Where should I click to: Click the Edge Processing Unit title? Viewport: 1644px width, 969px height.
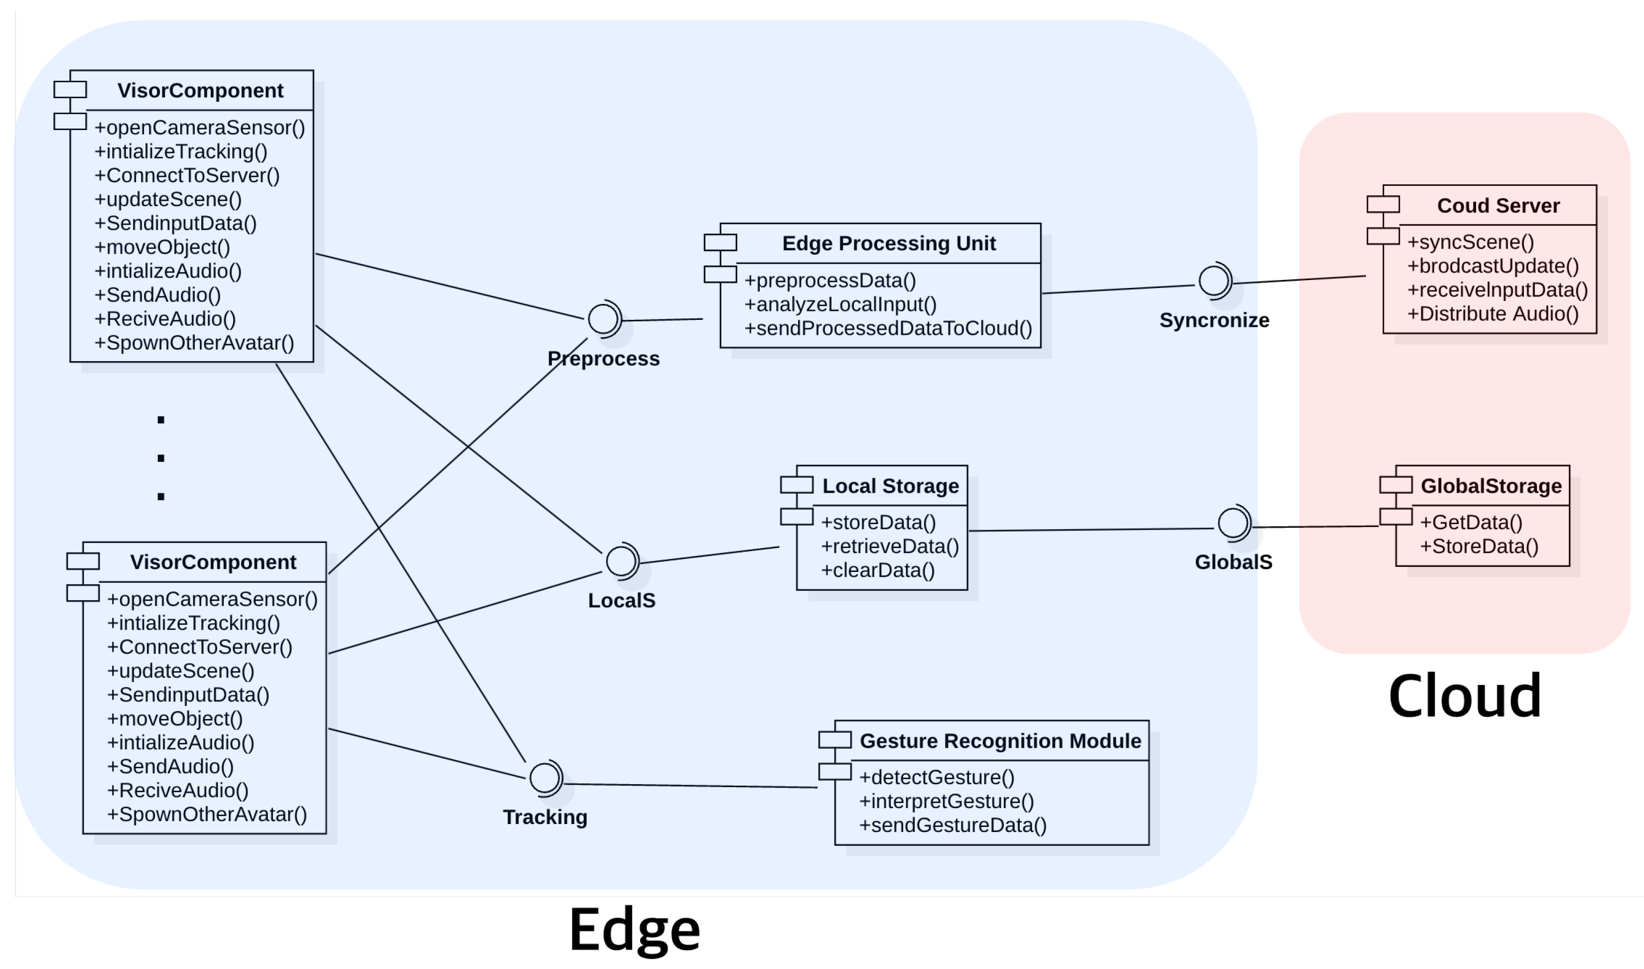click(889, 244)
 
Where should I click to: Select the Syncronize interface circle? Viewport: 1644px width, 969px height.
click(1213, 281)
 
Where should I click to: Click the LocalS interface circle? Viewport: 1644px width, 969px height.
click(620, 561)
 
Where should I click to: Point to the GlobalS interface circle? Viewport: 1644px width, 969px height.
click(1232, 523)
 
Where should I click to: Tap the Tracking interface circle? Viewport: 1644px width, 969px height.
click(544, 778)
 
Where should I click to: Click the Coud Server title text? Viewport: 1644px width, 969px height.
click(1498, 206)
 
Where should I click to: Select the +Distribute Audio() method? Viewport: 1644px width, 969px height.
click(1493, 314)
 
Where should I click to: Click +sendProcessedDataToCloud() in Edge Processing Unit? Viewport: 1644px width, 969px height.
click(888, 328)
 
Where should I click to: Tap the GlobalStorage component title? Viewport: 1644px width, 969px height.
click(1491, 486)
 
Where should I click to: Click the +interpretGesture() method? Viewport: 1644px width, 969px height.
click(946, 801)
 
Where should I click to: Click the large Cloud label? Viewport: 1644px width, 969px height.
click(1465, 696)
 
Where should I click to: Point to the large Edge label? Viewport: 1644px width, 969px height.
click(634, 930)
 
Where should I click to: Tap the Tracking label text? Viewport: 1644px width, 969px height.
click(545, 818)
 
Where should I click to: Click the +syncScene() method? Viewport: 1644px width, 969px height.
click(1470, 242)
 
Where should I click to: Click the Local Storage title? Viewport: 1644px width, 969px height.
click(890, 486)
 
